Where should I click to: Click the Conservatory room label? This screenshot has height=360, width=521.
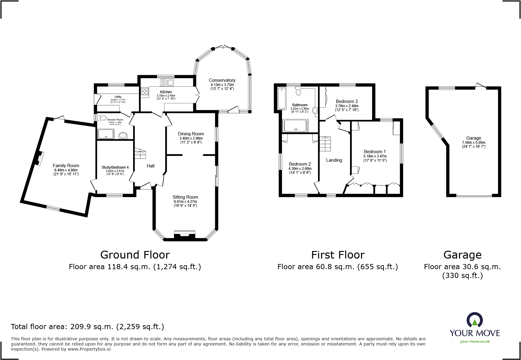[x=222, y=80]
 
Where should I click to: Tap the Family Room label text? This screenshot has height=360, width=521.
[x=66, y=166]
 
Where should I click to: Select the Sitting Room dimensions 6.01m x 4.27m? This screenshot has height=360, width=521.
[x=185, y=202]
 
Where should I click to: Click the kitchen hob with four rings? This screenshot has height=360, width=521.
[x=145, y=91]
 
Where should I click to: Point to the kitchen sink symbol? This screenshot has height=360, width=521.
[x=167, y=82]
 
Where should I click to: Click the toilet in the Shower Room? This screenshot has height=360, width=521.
[x=102, y=118]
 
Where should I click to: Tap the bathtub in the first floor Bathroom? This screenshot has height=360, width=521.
[x=282, y=98]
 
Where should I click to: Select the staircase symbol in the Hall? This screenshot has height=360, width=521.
[x=140, y=153]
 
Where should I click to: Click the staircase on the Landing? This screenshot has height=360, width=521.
[x=326, y=144]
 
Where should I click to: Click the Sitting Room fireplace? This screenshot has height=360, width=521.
[x=185, y=235]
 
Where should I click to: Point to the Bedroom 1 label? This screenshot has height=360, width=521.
[x=375, y=152]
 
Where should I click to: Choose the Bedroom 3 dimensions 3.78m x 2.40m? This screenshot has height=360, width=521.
[x=347, y=106]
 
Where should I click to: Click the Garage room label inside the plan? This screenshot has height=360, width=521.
[x=473, y=138]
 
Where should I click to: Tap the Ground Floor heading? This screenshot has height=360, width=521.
[x=135, y=255]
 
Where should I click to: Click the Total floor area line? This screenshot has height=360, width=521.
[x=87, y=327]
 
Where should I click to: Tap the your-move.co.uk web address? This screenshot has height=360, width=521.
[x=475, y=342]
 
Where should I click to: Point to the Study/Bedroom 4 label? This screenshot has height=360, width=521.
[x=115, y=167]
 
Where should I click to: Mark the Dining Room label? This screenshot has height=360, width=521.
[x=191, y=134]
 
